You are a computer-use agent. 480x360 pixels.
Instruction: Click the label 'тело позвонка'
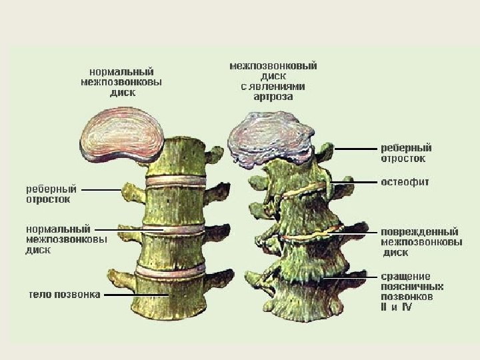(x=65, y=294)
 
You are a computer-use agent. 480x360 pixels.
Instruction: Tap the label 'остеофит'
(x=405, y=181)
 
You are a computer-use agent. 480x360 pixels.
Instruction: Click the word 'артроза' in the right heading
(x=273, y=97)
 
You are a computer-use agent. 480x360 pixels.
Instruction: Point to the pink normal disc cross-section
(x=120, y=135)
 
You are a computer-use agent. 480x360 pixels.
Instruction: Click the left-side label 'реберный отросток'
(x=51, y=194)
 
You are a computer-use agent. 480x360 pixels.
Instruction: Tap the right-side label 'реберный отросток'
(x=406, y=153)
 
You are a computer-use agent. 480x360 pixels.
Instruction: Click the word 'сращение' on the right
(x=405, y=276)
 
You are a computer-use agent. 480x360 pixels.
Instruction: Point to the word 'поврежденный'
(x=420, y=232)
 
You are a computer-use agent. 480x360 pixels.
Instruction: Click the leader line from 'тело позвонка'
(x=133, y=294)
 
